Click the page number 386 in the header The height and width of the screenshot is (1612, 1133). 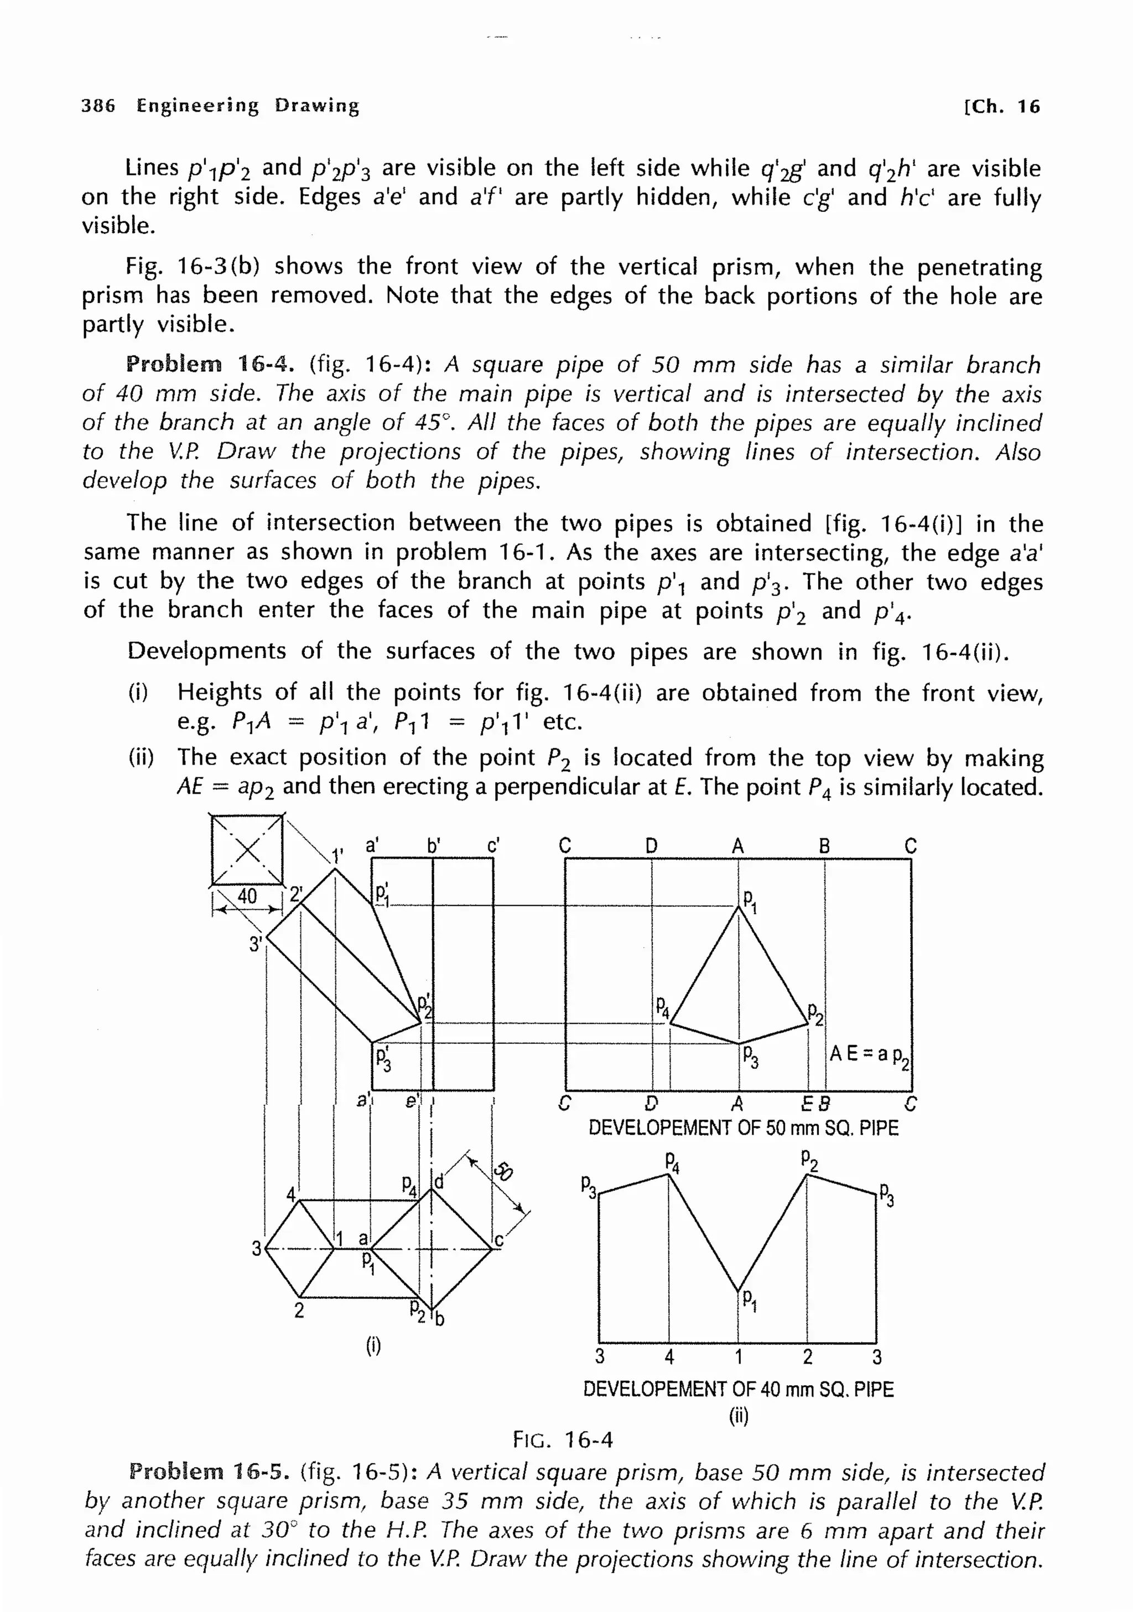coord(98,106)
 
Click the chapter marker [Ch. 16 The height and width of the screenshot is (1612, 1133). coord(1002,107)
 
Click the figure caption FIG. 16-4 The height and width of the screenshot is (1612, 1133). coord(563,1440)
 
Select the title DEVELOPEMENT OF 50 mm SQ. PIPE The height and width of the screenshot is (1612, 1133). coord(742,1129)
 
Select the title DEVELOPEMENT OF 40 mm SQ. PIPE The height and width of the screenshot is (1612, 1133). coord(738,1390)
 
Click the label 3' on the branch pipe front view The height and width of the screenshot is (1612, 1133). coord(256,944)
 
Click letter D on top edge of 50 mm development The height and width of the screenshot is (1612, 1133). coord(652,846)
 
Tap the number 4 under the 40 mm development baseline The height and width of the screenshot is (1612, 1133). coord(669,1357)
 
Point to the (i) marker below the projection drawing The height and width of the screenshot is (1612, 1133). coord(373,1346)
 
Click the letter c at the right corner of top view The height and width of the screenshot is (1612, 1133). coord(498,1241)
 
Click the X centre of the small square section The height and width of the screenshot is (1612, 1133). coord(247,851)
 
